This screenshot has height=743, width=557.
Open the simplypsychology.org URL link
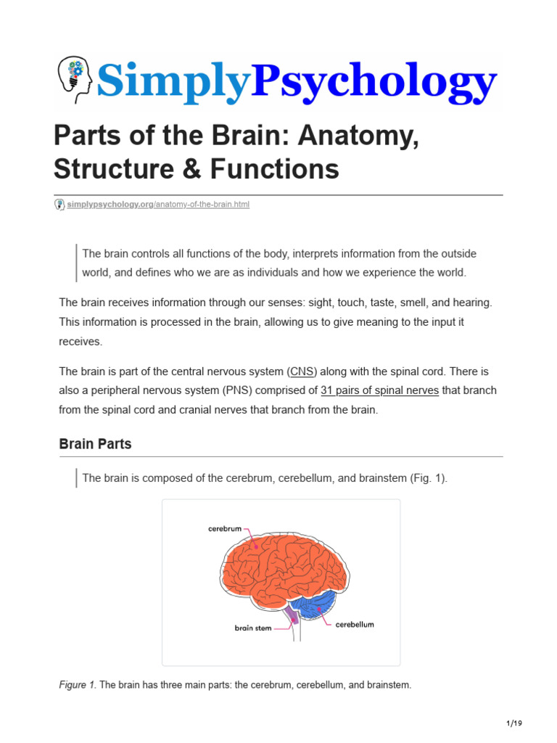(158, 205)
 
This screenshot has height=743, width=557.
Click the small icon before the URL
(59, 205)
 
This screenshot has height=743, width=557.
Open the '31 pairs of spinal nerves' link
(379, 390)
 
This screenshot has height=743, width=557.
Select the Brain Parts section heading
(95, 444)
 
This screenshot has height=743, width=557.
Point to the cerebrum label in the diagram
(224, 529)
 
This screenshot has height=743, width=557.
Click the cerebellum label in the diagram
(355, 624)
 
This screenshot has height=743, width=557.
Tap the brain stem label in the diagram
(252, 628)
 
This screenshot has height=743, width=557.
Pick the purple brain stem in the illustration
(292, 617)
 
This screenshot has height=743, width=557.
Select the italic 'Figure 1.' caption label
(77, 684)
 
